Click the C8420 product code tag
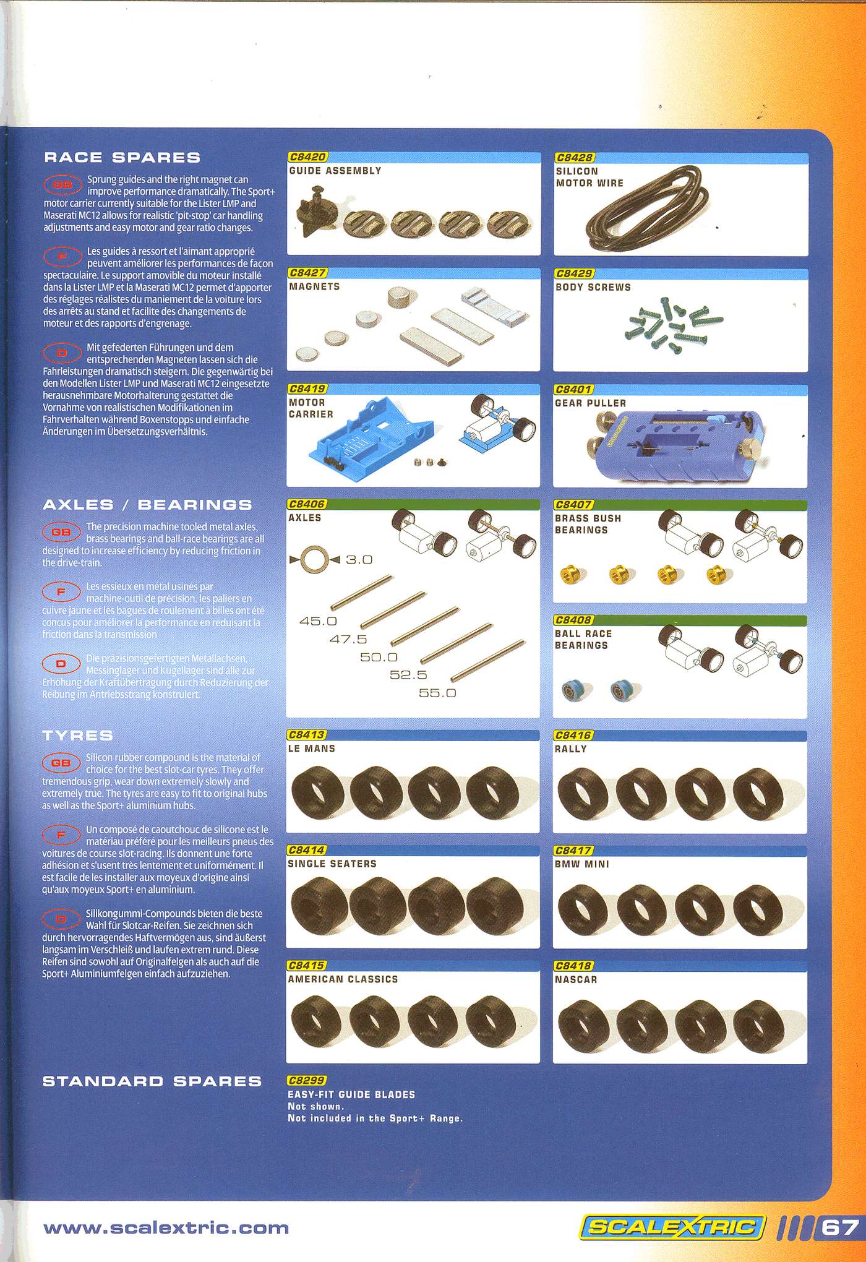(307, 157)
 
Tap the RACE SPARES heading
(122, 157)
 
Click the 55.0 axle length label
(437, 693)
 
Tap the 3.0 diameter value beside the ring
(359, 559)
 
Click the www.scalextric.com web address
(165, 1227)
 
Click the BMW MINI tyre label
(581, 864)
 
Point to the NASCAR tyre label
(576, 980)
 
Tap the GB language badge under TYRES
(61, 763)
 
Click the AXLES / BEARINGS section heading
(147, 504)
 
